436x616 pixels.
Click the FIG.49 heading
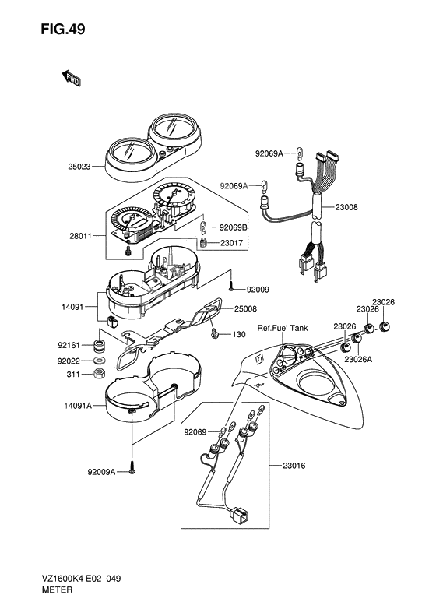(63, 30)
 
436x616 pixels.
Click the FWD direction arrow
(71, 78)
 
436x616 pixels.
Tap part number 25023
(79, 167)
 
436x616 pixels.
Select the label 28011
(80, 236)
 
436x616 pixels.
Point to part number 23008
(346, 207)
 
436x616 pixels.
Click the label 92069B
(234, 227)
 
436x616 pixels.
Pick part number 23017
(232, 243)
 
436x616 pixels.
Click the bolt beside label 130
(215, 334)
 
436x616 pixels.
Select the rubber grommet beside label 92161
(99, 345)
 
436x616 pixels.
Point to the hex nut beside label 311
(99, 374)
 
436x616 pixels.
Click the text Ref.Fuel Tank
(283, 328)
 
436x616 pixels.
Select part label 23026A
(358, 359)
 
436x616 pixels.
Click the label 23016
(294, 466)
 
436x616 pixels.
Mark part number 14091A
(78, 406)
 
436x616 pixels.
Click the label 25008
(245, 309)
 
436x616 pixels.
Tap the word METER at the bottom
(57, 590)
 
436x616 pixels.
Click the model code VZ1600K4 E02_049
(80, 579)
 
